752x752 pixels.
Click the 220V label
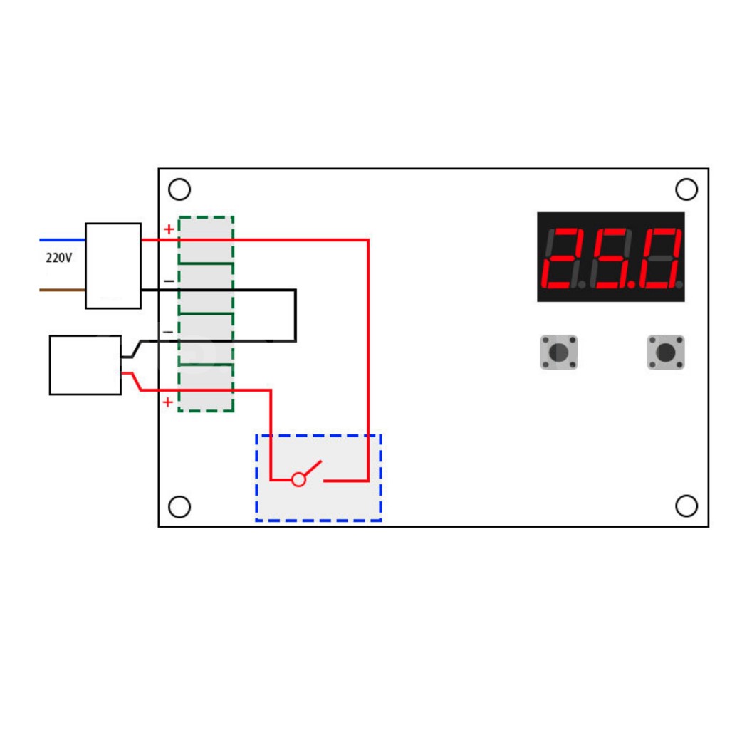[x=58, y=258]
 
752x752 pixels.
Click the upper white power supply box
[x=113, y=266]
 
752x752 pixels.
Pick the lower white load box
[x=85, y=365]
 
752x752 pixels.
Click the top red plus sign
[x=169, y=229]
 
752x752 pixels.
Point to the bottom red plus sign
[x=167, y=402]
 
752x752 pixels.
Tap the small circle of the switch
[x=299, y=480]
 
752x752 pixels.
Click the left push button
[x=558, y=352]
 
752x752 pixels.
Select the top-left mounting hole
[x=179, y=189]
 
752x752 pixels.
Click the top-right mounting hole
[x=686, y=189]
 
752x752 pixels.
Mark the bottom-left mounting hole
[x=179, y=507]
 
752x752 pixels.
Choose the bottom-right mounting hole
[x=686, y=506]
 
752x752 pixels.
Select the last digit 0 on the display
[x=659, y=258]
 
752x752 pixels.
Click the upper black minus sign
[x=169, y=281]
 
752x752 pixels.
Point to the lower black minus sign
[x=169, y=332]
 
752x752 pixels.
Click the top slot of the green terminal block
[x=206, y=241]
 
